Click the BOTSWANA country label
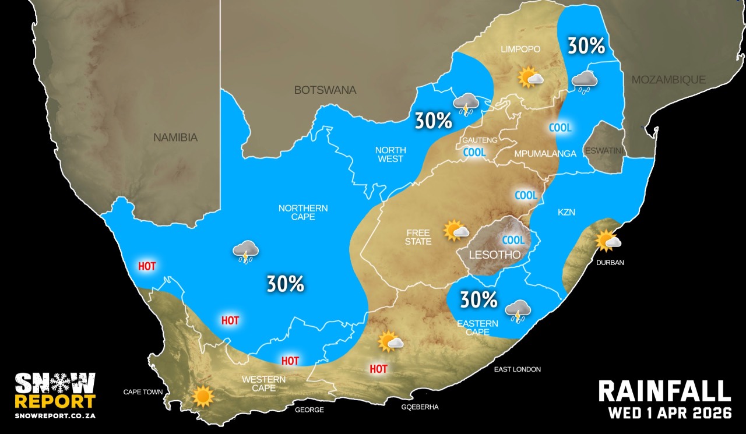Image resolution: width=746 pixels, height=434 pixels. (x=325, y=90)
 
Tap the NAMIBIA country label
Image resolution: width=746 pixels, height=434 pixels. (x=175, y=138)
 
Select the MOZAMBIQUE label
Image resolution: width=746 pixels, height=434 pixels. (x=668, y=80)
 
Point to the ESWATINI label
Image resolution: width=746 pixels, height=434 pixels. (x=606, y=151)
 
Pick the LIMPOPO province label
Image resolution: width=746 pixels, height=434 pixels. (x=521, y=50)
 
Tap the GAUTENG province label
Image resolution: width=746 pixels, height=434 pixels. (x=480, y=140)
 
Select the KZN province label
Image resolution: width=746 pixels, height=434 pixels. (x=566, y=213)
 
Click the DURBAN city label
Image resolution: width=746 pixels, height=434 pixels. (x=610, y=263)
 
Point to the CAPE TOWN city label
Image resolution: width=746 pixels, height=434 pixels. (x=143, y=392)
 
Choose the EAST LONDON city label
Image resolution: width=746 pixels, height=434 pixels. (x=517, y=369)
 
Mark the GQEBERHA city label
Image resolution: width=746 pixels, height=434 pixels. (x=420, y=407)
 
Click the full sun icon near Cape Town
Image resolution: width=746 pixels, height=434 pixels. (x=203, y=396)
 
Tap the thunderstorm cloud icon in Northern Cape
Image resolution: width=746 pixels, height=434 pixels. (x=245, y=252)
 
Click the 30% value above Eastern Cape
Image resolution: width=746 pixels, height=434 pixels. (x=478, y=300)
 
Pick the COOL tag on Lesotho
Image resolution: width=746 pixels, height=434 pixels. (x=513, y=240)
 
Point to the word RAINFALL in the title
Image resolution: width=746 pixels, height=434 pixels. (x=664, y=391)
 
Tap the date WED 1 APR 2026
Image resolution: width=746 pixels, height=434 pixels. (x=670, y=414)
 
